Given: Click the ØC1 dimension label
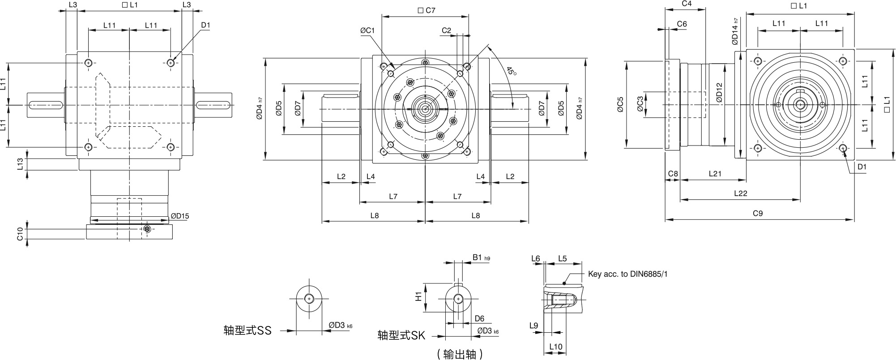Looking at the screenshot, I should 367,30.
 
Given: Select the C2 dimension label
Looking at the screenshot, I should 446,30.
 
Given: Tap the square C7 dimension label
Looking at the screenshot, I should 426,10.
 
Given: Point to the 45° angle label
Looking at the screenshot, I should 511,71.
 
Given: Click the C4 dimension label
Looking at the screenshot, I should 687,4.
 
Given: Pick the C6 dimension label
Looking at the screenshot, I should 682,24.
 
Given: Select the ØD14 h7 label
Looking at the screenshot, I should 735,31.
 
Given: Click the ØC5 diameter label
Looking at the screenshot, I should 620,104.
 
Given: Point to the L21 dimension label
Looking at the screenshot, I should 715,174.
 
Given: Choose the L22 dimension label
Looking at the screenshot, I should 741,193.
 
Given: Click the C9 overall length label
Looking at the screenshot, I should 757,214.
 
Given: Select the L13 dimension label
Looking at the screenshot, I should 20,164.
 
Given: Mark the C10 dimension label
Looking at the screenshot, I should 20,234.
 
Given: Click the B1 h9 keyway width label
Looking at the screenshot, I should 481,257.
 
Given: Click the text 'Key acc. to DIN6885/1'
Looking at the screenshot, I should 627,274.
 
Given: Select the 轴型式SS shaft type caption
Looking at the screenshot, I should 247,330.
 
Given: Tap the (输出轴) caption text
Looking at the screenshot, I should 460,354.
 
